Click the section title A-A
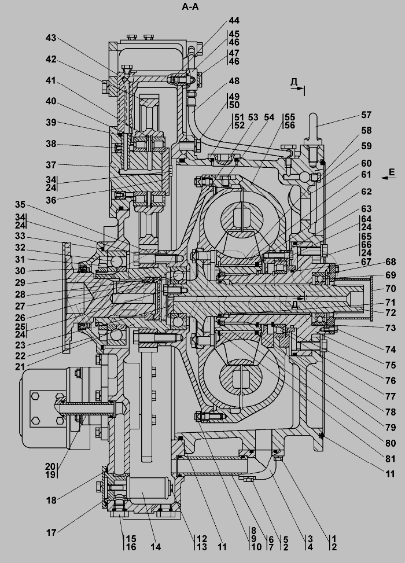coord(194,7)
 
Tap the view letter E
coord(392,172)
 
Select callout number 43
coord(51,38)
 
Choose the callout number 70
coord(390,288)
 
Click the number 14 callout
coord(156,546)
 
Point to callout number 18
coord(51,500)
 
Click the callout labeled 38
coord(51,144)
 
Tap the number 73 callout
coord(390,328)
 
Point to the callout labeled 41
coord(51,81)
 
